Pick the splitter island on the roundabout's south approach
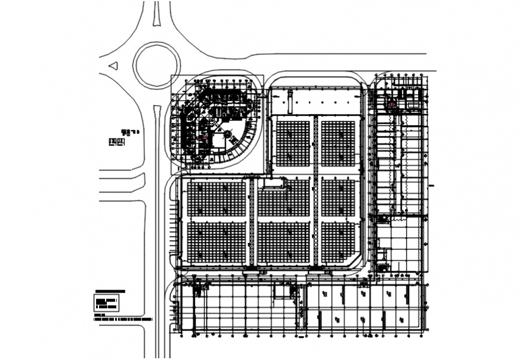[156, 112]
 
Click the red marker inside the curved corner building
[205, 137]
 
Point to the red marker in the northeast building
[392, 104]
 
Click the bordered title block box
[107, 303]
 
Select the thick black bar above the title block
[109, 291]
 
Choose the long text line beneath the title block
[122, 320]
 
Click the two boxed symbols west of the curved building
[116, 141]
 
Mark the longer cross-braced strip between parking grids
[316, 191]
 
